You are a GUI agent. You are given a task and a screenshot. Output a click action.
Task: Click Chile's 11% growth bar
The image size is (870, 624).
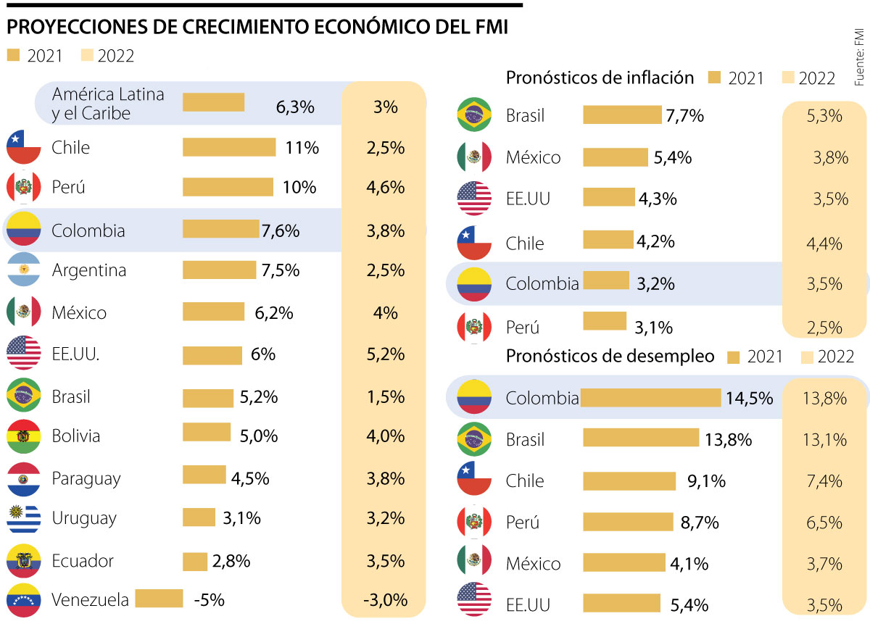coord(229,148)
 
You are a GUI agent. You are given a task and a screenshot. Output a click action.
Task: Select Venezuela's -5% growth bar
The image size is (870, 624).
coord(159,599)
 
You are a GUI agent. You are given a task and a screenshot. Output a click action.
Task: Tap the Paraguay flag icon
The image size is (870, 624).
coord(23,479)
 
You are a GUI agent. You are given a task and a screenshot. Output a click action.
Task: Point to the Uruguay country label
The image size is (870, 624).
coord(84,519)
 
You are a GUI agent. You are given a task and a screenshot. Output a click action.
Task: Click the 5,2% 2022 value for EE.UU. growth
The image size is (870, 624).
coord(386,354)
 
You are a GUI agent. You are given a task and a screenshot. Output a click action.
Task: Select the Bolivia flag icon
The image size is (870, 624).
coord(23,436)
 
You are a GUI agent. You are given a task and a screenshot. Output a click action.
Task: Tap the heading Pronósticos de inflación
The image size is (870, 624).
coord(600,78)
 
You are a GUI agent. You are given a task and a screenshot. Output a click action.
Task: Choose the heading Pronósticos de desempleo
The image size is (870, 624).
coord(610,357)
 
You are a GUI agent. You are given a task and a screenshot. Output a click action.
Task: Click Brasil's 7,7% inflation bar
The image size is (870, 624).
coord(623,115)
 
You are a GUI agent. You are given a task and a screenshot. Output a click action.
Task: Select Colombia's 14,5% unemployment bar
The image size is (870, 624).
coord(651,398)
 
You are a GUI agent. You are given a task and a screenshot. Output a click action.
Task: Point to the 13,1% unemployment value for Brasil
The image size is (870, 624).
coord(823,440)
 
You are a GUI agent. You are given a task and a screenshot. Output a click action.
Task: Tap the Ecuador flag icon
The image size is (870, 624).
coord(23,562)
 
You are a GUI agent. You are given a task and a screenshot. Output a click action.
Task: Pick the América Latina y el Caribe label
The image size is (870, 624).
coord(108,104)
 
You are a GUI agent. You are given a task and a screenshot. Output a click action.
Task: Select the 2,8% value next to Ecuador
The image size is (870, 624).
coord(232,561)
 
